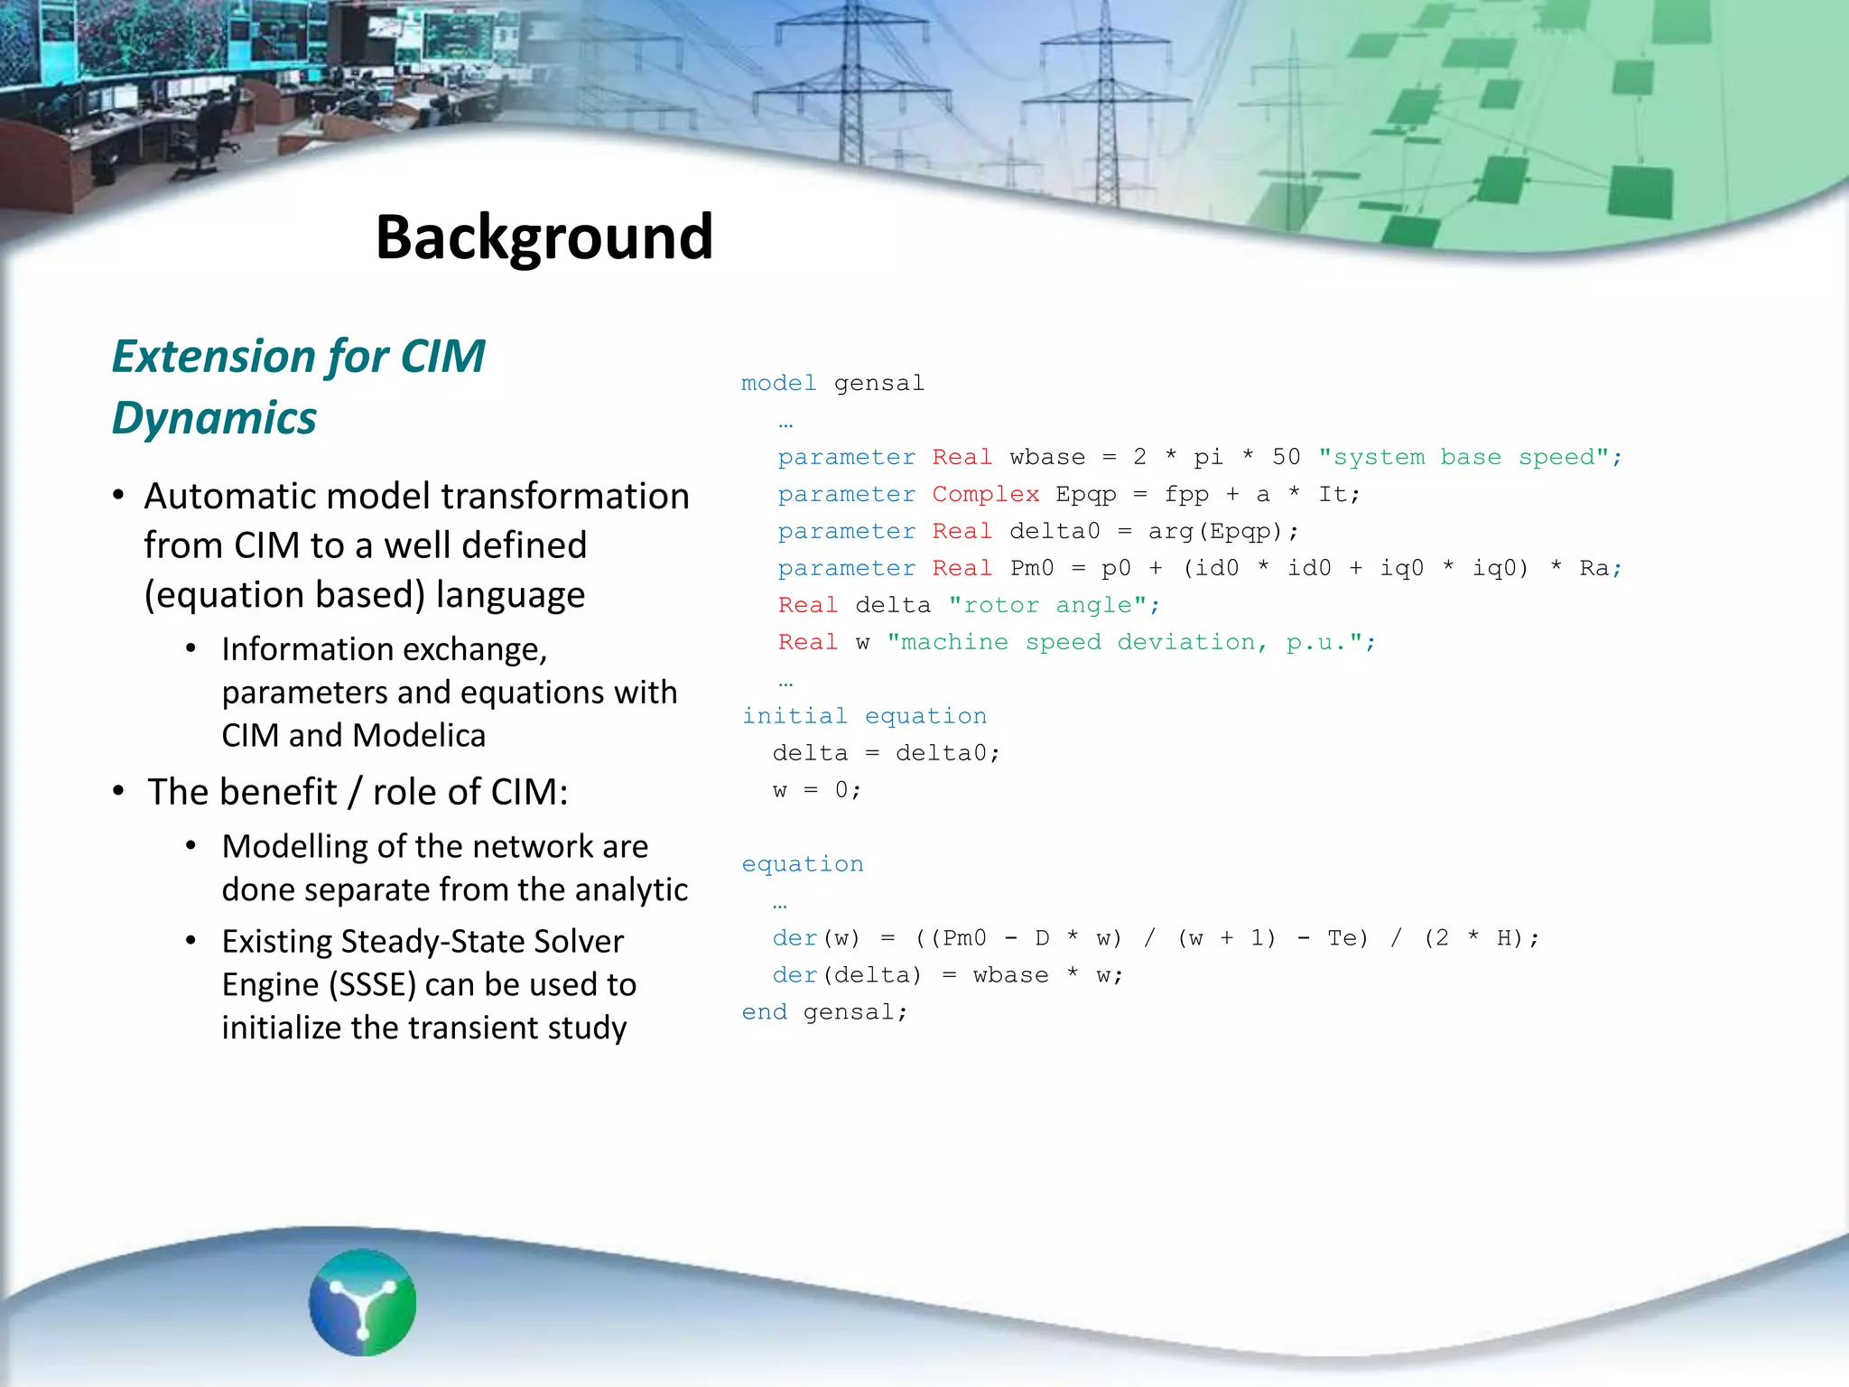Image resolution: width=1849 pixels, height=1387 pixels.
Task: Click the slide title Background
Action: pyautogui.click(x=544, y=237)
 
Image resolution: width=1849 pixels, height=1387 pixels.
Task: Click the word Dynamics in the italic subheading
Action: pyautogui.click(x=214, y=418)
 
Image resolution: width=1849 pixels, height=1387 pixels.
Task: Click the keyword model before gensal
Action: pyautogui.click(x=778, y=383)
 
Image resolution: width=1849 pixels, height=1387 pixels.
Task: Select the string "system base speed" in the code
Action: pyautogui.click(x=1463, y=457)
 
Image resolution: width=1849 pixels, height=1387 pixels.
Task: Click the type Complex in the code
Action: pyautogui.click(x=985, y=494)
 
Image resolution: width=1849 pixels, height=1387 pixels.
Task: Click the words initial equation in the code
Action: pyautogui.click(x=864, y=716)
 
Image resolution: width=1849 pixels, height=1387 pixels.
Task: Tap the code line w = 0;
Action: pyautogui.click(x=817, y=790)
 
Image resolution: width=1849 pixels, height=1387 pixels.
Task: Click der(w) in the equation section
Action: pyautogui.click(x=816, y=938)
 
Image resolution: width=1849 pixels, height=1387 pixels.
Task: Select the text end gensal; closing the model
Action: pyautogui.click(x=824, y=1012)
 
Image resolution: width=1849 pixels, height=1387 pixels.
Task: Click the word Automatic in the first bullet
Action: pyautogui.click(x=229, y=497)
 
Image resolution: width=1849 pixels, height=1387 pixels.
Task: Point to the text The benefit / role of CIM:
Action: pyautogui.click(x=358, y=792)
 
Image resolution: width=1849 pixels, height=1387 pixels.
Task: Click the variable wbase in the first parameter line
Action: pyautogui.click(x=1047, y=457)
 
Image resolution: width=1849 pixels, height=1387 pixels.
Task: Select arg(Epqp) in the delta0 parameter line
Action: pyautogui.click(x=1214, y=531)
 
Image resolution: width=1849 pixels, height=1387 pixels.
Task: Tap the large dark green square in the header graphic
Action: pyautogui.click(x=1640, y=191)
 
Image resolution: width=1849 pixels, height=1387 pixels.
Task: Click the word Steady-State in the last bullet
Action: pyautogui.click(x=432, y=942)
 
